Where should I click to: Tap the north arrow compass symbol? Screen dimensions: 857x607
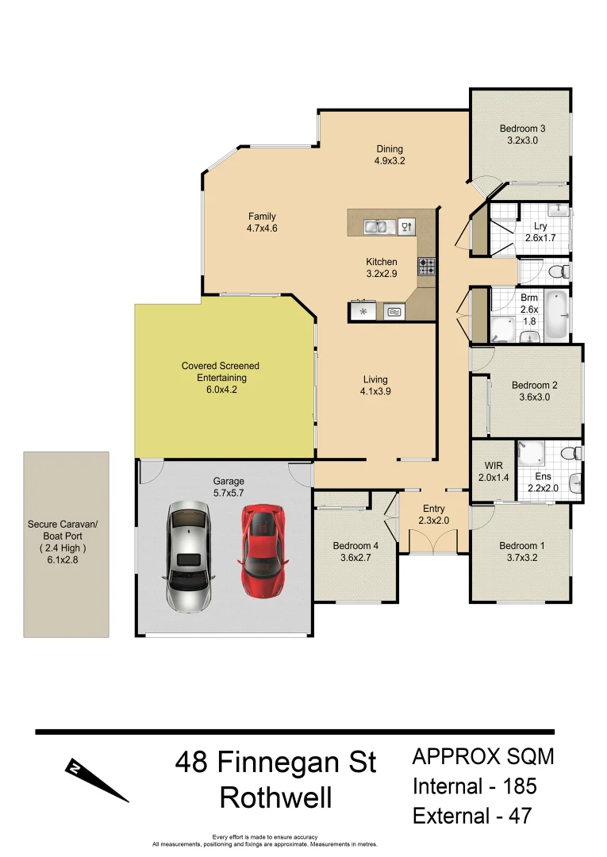click(95, 779)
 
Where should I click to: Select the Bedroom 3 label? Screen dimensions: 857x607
click(522, 129)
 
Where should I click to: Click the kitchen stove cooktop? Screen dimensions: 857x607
click(427, 267)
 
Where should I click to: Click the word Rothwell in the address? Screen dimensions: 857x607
click(275, 797)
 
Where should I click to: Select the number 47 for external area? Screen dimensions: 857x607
click(516, 815)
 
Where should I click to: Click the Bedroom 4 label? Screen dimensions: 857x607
click(355, 546)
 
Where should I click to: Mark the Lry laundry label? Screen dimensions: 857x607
click(541, 226)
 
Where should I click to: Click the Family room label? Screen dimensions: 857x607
click(261, 217)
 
